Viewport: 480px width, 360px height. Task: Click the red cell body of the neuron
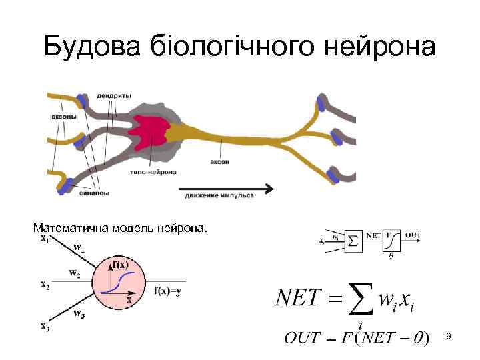click(152, 129)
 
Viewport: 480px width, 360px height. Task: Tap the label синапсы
click(93, 194)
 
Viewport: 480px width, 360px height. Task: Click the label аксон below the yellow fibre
click(220, 162)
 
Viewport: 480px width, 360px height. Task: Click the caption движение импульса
click(216, 196)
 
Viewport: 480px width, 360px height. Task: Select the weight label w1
click(79, 248)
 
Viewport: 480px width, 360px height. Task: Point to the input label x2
click(45, 285)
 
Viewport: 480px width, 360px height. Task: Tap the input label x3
click(45, 326)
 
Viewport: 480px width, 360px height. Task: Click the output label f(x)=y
click(167, 291)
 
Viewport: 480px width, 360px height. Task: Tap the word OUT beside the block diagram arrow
click(413, 235)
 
